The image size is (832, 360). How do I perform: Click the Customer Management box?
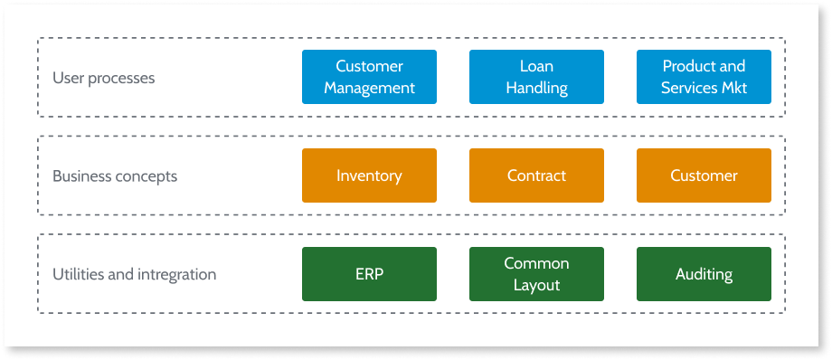(369, 77)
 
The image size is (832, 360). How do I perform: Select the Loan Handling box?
(536, 77)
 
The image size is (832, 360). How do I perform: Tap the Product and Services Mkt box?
(704, 77)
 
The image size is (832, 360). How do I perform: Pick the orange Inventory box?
(369, 175)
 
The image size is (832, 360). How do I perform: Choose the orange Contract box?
(536, 175)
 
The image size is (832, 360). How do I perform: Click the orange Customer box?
(704, 175)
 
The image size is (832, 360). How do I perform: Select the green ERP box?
(369, 274)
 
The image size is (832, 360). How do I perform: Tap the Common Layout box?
(536, 274)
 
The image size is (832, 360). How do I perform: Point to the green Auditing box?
(704, 274)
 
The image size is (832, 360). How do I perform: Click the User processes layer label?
(103, 78)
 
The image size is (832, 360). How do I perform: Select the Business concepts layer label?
(115, 176)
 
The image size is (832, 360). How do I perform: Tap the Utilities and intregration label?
(134, 274)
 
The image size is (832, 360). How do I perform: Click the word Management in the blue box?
(369, 88)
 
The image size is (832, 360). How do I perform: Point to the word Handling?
(536, 88)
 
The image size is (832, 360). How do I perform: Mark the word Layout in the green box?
(536, 285)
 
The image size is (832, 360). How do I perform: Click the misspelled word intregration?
(177, 274)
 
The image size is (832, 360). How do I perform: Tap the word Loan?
(536, 66)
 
